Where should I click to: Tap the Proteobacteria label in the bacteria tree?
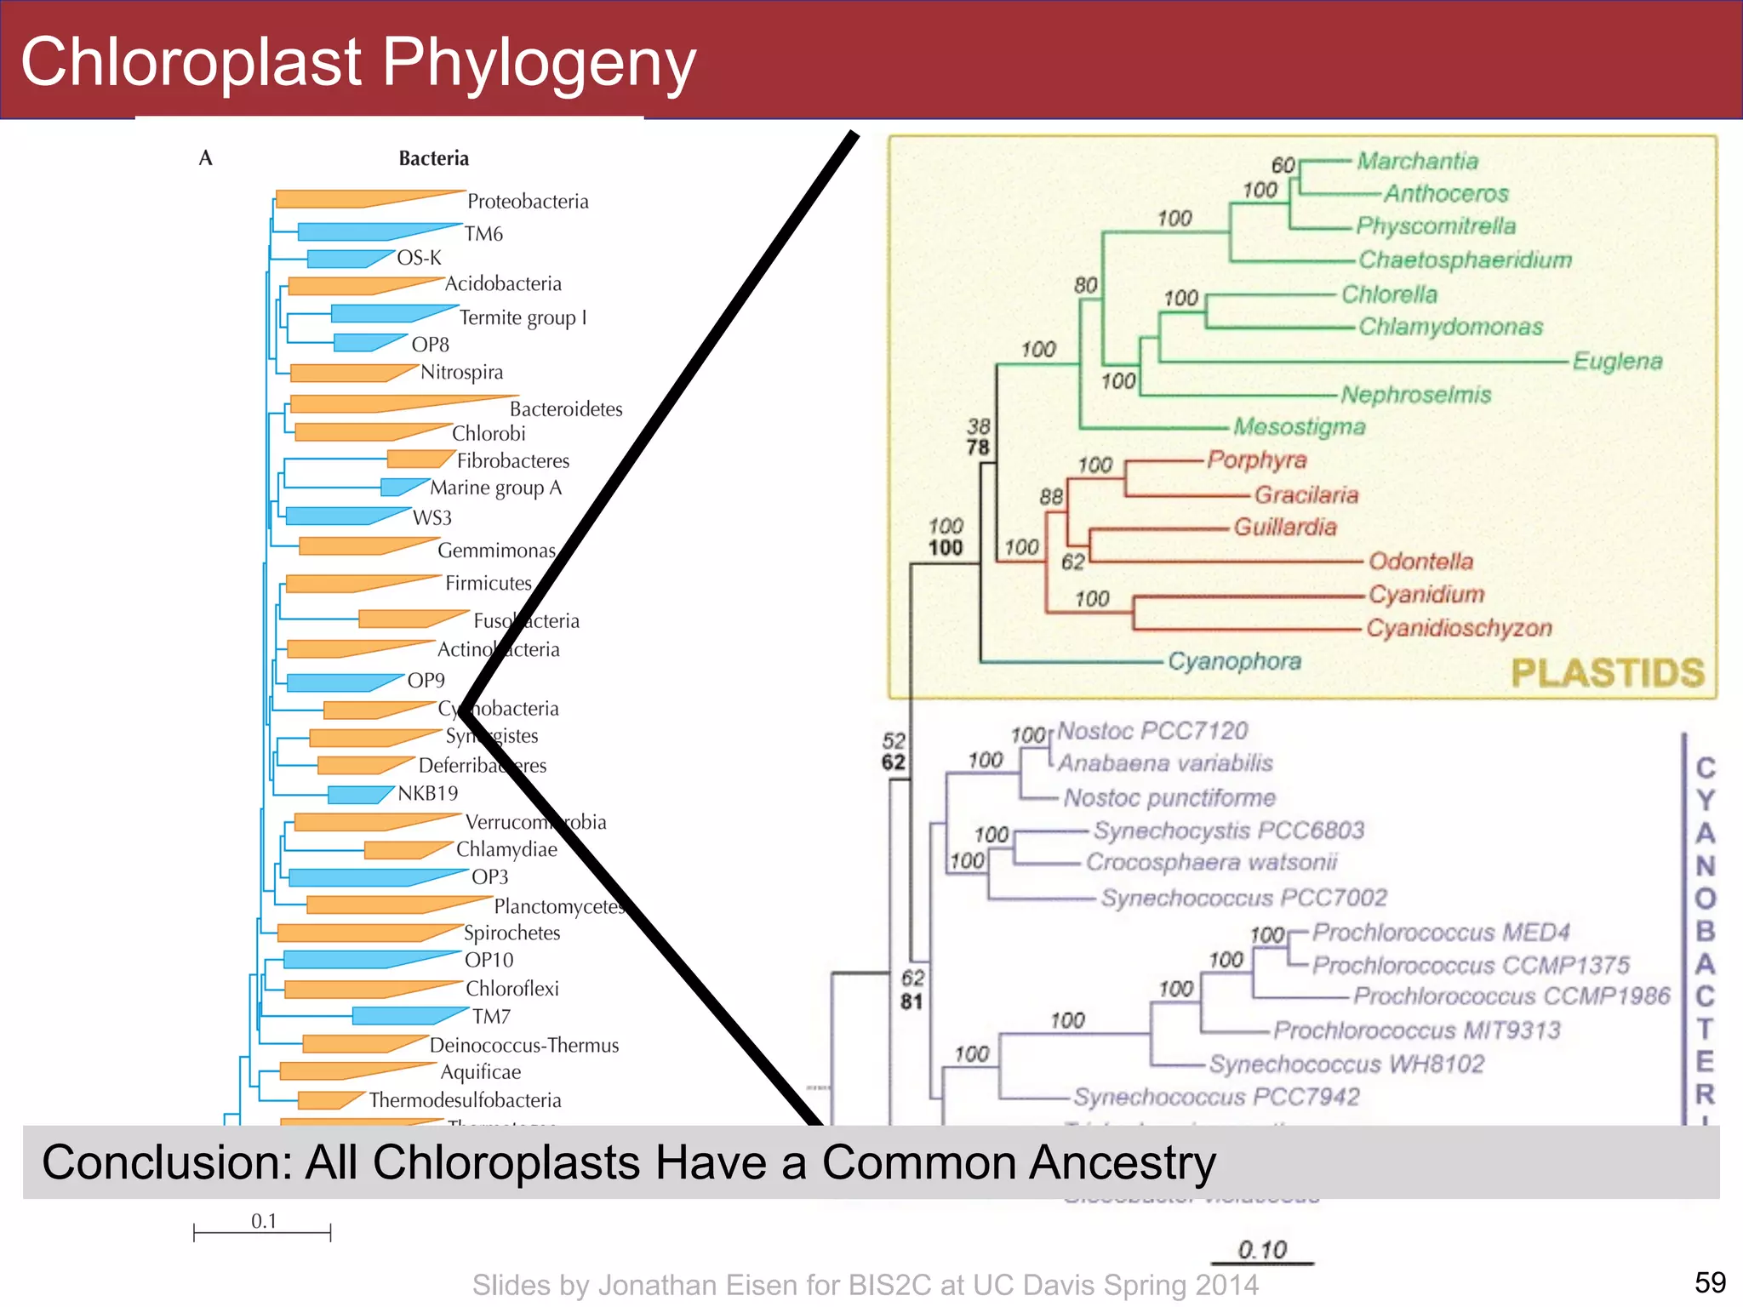click(528, 202)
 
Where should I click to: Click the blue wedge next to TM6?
click(366, 231)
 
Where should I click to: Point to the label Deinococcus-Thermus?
click(524, 1045)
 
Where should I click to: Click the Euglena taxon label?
click(1617, 361)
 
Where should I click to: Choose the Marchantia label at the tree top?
click(1417, 161)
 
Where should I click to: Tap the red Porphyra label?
click(1256, 460)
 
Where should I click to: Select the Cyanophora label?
click(1234, 661)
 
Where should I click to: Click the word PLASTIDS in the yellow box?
click(1607, 673)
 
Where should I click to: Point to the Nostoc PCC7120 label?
click(1152, 731)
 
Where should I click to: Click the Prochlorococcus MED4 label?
click(1440, 933)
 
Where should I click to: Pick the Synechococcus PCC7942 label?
click(1215, 1097)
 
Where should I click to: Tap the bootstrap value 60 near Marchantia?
click(1283, 165)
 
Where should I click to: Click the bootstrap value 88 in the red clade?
click(1051, 497)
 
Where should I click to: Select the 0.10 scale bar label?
click(1262, 1249)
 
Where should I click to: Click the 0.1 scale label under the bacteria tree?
click(264, 1221)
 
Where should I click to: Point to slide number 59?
click(1710, 1282)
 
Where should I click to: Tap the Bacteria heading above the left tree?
click(434, 158)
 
